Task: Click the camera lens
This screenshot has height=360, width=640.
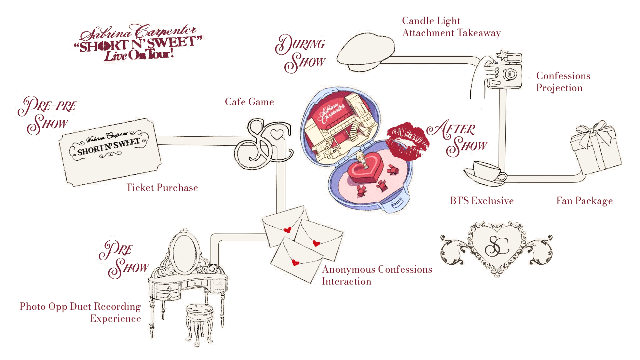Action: [510, 75]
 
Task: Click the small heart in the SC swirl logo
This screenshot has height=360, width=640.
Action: [277, 134]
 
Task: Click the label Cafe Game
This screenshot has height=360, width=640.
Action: [249, 102]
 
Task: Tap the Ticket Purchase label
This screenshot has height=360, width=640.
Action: [162, 188]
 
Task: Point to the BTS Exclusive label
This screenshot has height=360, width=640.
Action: [482, 201]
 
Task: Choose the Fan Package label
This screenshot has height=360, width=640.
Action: [585, 201]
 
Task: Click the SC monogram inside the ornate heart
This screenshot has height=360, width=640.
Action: [496, 247]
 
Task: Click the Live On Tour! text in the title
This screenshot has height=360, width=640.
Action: [138, 55]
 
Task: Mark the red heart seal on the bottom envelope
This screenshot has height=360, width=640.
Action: [295, 263]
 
